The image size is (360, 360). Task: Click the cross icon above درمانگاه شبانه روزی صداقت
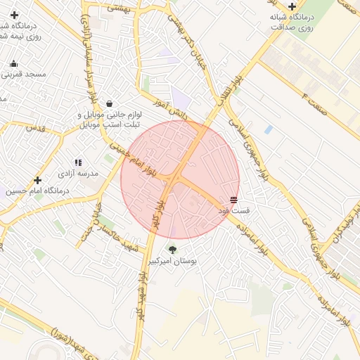(292, 6)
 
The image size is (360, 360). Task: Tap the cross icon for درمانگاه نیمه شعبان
(14, 15)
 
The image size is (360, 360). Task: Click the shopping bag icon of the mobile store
(109, 103)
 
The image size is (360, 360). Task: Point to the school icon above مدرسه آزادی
(78, 162)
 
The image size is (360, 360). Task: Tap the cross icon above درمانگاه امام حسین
(37, 180)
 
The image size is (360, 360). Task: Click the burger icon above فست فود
(233, 200)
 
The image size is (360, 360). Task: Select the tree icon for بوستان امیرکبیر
(172, 250)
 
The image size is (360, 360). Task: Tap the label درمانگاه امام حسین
(39, 191)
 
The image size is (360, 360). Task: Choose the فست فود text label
(233, 211)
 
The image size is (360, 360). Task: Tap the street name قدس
(35, 129)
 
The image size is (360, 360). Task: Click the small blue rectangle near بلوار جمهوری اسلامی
(269, 129)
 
